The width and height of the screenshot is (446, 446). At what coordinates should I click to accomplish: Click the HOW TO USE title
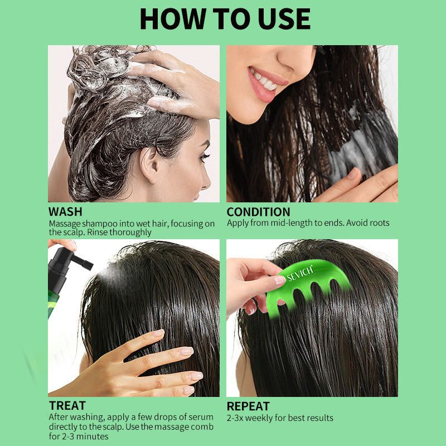pos(225,19)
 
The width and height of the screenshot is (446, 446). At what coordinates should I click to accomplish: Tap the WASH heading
pos(65,212)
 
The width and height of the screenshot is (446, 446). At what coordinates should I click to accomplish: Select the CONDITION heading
pos(258,212)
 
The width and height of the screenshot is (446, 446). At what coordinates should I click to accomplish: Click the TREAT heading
pos(67,406)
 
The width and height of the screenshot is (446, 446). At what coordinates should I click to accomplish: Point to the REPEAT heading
pos(248,406)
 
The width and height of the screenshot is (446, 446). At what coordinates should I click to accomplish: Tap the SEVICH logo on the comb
pos(300,273)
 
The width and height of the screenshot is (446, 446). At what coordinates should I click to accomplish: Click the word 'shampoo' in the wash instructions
pos(100,224)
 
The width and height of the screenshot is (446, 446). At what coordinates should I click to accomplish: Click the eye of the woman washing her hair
pos(204,157)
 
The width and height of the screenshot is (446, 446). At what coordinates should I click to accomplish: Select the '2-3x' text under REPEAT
pos(235,418)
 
